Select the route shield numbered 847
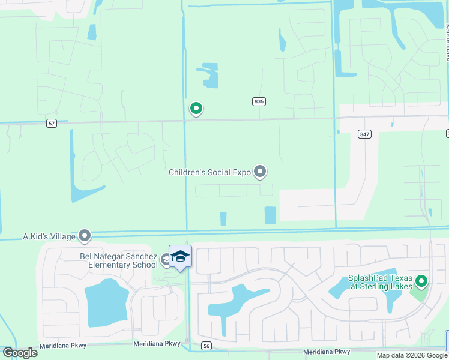pos(364,134)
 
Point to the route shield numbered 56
pos(206,346)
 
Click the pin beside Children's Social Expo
pos(260,172)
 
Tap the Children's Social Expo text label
pos(209,173)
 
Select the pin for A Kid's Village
pos(85,236)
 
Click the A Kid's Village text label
pos(49,236)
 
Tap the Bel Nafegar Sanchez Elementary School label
pos(118,260)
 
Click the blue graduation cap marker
pos(180,257)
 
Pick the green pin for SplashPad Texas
pos(421,281)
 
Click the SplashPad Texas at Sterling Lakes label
pos(380,282)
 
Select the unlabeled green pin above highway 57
pos(196,109)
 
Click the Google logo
pos(20,353)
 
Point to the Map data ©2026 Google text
pos(412,355)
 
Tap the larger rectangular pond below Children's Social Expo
pos(270,215)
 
